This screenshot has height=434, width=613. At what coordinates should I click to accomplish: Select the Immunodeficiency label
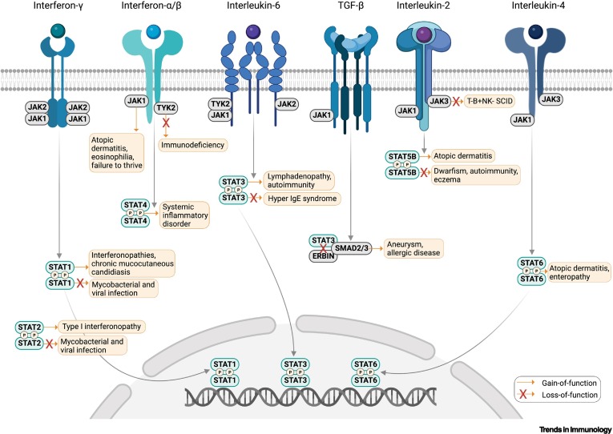(x=193, y=145)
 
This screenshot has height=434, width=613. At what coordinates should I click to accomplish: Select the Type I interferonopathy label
(x=101, y=328)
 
